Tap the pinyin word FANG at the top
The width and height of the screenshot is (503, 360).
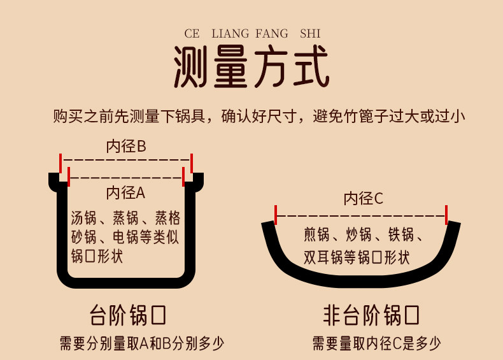[274, 33]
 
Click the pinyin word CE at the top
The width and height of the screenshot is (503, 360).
[192, 33]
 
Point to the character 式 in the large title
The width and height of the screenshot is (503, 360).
[309, 67]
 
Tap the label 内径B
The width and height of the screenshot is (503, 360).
[126, 147]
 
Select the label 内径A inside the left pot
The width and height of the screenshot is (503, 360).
[126, 192]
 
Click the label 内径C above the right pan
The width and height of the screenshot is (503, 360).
[364, 199]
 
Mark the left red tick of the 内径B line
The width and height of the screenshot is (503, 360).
[60, 162]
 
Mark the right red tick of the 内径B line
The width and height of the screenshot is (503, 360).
[192, 162]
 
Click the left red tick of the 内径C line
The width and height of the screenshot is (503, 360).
[276, 215]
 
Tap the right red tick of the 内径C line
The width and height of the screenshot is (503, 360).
[447, 215]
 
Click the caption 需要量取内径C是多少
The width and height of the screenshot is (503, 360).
[376, 344]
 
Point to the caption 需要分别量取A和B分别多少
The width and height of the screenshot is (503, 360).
[141, 344]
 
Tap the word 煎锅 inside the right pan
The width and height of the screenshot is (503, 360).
[318, 236]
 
